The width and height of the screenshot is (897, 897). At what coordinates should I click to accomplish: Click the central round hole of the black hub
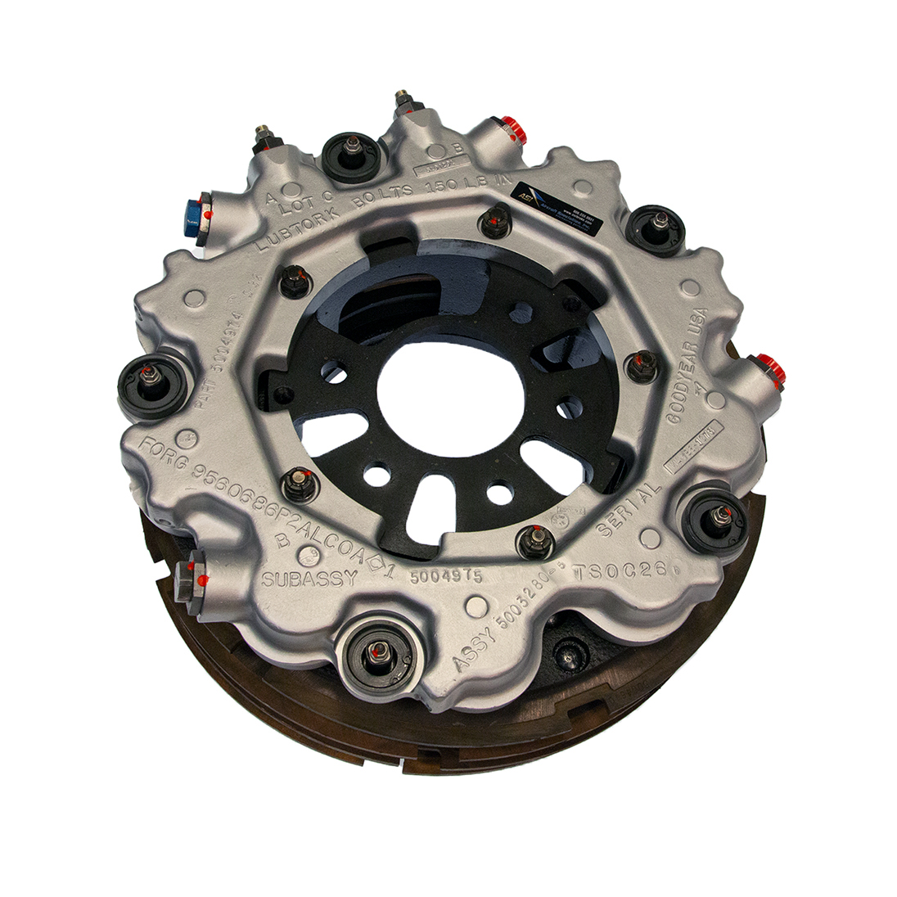coord(449,385)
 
